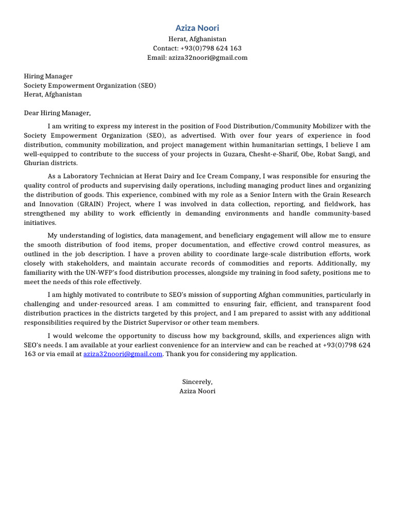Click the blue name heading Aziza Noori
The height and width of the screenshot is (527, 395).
(197, 28)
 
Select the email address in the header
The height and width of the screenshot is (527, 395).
(208, 58)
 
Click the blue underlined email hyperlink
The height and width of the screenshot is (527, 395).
(123, 354)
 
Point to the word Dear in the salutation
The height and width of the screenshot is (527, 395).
(32, 113)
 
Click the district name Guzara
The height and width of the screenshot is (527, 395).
(235, 154)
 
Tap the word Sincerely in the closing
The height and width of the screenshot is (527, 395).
(197, 382)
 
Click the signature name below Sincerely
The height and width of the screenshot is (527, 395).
(197, 391)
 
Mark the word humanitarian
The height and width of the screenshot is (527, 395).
(262, 145)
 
